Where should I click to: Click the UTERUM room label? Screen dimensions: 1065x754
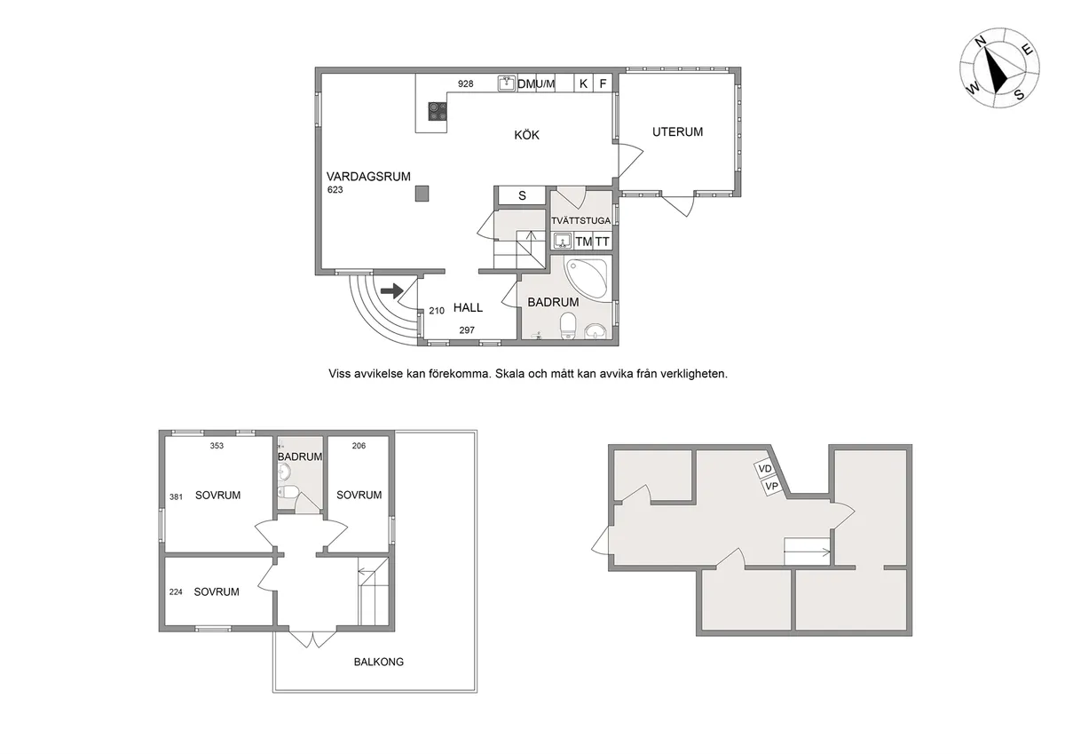[x=677, y=131]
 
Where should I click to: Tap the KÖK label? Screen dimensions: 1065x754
[x=527, y=135]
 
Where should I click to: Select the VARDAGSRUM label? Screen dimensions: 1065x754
[x=368, y=177]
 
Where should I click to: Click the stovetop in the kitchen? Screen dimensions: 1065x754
[x=438, y=111]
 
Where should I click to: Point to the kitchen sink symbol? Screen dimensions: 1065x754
[x=507, y=83]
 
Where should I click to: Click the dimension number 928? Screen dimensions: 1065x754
[x=465, y=83]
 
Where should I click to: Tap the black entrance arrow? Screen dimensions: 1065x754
[x=391, y=290]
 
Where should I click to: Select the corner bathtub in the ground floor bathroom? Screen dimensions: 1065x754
[x=587, y=279]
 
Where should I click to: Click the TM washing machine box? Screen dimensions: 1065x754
[x=583, y=242]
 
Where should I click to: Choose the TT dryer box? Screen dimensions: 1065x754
[x=603, y=242]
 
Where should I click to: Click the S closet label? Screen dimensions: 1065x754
[x=522, y=195]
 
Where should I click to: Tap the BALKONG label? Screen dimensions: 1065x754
[x=379, y=662]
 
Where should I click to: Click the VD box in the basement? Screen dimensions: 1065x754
[x=764, y=470]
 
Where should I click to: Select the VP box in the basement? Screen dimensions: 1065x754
[x=771, y=486]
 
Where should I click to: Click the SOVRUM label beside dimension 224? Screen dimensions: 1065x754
[x=217, y=591]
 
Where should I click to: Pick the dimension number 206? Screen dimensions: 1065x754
[x=359, y=446]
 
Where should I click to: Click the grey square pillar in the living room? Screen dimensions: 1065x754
[x=422, y=194]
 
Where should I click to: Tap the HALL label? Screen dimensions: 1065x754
[x=468, y=308]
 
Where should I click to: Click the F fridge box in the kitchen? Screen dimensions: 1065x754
[x=603, y=83]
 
